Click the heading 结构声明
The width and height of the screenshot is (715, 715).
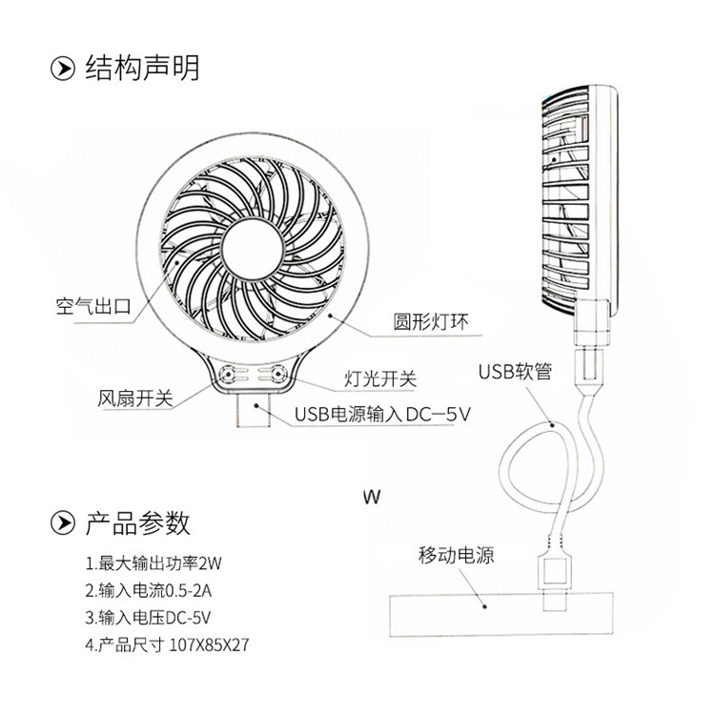[142, 68]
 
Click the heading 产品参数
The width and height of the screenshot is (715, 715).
[137, 521]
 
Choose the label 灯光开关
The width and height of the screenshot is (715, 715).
[379, 379]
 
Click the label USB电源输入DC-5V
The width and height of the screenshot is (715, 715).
[383, 414]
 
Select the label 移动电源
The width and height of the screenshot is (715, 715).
[456, 555]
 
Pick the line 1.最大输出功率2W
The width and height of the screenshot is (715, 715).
[159, 562]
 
